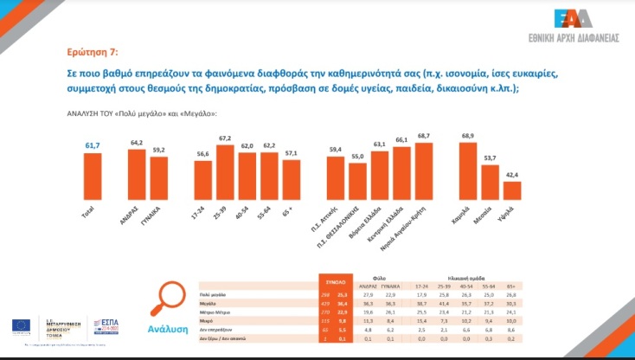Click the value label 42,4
pos(512,176)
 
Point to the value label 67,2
pos(227,138)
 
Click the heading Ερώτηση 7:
pos(94,50)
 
